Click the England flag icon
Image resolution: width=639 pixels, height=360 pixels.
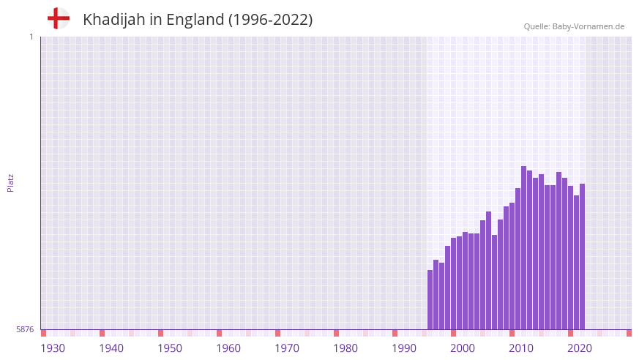(59, 19)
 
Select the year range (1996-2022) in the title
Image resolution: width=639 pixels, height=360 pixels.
(270, 20)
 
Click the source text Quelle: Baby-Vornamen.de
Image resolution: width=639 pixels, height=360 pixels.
(574, 26)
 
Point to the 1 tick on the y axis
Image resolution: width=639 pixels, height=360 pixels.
(31, 37)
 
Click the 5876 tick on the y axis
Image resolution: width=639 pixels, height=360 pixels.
(25, 329)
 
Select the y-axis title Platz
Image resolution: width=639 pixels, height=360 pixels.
(10, 182)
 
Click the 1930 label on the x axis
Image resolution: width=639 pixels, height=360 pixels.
(53, 348)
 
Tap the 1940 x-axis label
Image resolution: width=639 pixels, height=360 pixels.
(111, 348)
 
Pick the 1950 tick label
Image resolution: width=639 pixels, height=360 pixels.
(170, 348)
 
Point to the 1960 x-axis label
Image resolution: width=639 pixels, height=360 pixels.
(228, 348)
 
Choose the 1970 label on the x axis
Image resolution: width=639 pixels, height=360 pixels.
(287, 348)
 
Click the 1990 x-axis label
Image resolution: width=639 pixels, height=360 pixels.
(404, 348)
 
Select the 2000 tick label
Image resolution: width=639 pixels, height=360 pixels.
(463, 348)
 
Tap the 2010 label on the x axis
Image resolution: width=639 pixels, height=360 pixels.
(521, 348)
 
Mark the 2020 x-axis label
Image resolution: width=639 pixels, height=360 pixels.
(580, 348)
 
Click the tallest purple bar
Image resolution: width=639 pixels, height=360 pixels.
(523, 249)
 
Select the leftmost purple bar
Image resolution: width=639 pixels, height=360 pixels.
(430, 300)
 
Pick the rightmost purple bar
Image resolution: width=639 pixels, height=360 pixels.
(582, 256)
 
